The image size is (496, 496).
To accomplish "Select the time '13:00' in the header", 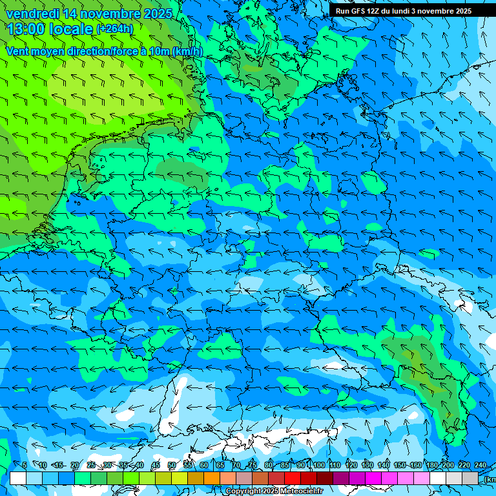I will pos(26,28).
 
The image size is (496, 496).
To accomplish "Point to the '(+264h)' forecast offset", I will pos(114,28).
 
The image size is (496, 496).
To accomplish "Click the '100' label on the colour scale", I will pos(318,465).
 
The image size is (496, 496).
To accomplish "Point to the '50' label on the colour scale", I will pos(171,465).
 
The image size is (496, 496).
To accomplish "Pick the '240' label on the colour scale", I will pos(480,465).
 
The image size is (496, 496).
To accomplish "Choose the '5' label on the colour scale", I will pos(25,465).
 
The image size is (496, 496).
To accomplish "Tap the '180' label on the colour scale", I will pos(431,465).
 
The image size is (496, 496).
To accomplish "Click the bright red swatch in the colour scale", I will pos(293,478).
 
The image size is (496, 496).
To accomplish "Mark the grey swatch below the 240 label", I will pos(471,478).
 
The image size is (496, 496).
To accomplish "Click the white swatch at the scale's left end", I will pos(18,478).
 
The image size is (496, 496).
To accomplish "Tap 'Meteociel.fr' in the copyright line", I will pos(302,491).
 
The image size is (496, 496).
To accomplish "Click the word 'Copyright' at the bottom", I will pos(243,491).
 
